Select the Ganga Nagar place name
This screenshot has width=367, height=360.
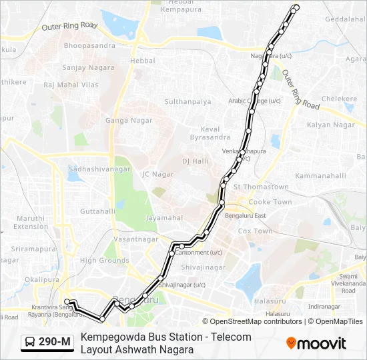(x=128, y=121)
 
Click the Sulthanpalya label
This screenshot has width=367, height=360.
(x=188, y=102)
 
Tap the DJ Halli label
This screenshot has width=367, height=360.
(x=196, y=161)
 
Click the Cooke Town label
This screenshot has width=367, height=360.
(x=270, y=202)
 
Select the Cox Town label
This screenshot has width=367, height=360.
(x=255, y=231)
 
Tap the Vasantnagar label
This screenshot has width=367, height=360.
(x=135, y=239)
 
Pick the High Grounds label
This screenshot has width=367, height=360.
(x=104, y=261)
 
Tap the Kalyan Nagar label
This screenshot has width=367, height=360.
(x=330, y=125)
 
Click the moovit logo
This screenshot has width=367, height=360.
(x=316, y=343)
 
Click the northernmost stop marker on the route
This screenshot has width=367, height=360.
(x=296, y=8)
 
